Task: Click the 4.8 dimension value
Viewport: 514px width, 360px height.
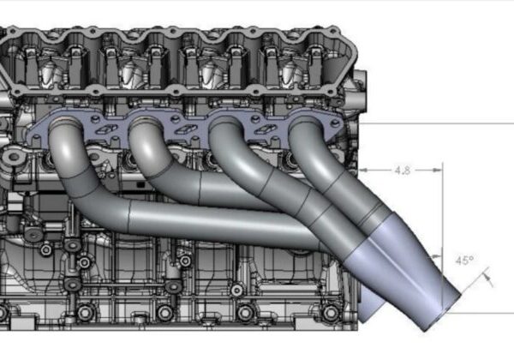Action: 403,171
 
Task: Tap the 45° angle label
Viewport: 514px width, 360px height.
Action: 464,261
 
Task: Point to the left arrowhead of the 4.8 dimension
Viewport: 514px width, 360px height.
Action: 365,171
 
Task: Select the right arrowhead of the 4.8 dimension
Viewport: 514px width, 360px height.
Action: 438,171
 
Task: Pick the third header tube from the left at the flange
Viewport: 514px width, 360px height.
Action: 225,123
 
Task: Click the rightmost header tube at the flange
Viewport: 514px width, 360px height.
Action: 306,123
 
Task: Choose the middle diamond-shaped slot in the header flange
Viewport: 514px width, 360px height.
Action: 184,129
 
